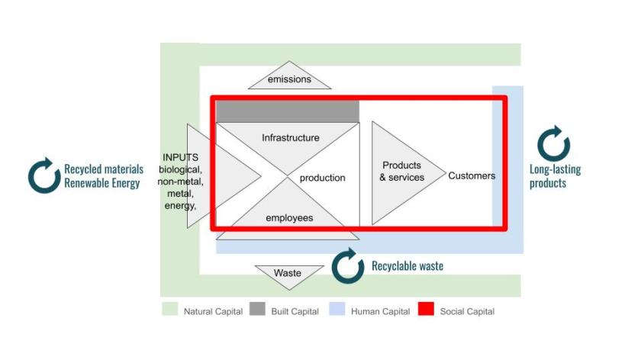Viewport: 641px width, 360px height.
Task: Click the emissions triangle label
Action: click(x=289, y=79)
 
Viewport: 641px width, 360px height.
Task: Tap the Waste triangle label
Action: click(x=288, y=273)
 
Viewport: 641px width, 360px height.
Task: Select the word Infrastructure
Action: click(x=290, y=138)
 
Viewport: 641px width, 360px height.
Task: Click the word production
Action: click(x=322, y=178)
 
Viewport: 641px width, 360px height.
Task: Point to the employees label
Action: click(x=289, y=218)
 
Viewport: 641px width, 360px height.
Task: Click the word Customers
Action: click(x=472, y=175)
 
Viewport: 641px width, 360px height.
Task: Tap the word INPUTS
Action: click(x=180, y=157)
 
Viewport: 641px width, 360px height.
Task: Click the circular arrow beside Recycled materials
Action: click(x=44, y=175)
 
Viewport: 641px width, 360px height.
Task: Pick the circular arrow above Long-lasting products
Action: click(x=553, y=144)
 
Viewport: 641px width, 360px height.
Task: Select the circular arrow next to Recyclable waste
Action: click(x=348, y=265)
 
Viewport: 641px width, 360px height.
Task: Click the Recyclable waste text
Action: click(x=407, y=266)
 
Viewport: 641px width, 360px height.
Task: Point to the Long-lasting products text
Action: click(x=555, y=176)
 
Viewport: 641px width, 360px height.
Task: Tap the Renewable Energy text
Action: click(x=102, y=183)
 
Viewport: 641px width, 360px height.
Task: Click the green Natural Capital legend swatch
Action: click(x=169, y=310)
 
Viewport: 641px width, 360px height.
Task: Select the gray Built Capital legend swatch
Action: click(x=256, y=310)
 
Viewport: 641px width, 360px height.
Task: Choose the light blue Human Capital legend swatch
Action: click(x=337, y=310)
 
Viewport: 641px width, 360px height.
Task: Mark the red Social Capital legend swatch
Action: click(x=426, y=310)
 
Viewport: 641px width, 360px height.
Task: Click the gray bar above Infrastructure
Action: click(x=288, y=111)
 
